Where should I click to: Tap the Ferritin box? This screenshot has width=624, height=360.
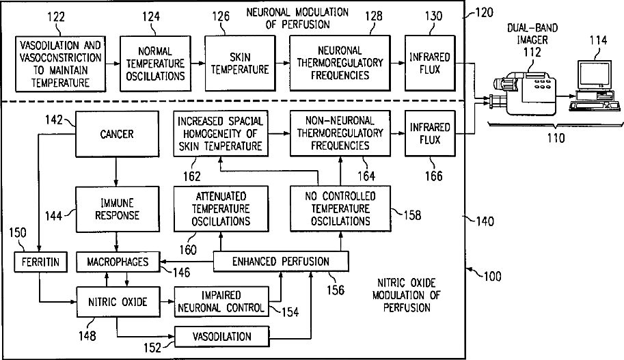click(x=39, y=261)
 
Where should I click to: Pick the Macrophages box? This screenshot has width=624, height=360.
click(x=116, y=261)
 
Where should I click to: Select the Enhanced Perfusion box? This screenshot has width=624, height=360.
click(x=281, y=261)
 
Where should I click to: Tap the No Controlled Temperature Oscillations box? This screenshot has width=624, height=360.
click(x=340, y=209)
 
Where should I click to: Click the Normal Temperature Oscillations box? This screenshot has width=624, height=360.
click(x=155, y=64)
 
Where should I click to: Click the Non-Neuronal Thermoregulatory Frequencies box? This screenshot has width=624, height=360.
click(x=340, y=134)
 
